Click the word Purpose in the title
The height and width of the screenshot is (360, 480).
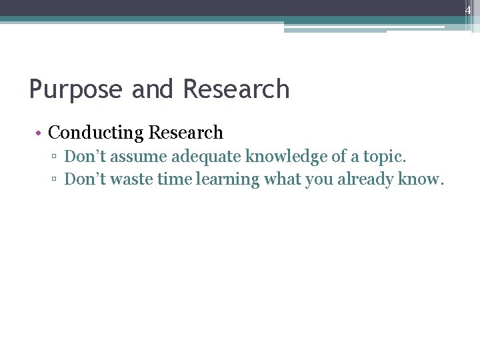[77, 90]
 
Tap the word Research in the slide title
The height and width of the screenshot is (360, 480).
[236, 89]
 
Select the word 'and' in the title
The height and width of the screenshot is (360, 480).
[153, 89]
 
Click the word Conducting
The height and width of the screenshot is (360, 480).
[96, 133]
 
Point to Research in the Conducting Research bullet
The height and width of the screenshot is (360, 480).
[186, 133]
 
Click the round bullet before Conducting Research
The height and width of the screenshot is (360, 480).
[40, 133]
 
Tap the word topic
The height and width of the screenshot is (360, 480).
[385, 157]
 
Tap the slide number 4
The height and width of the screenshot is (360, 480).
[468, 10]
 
